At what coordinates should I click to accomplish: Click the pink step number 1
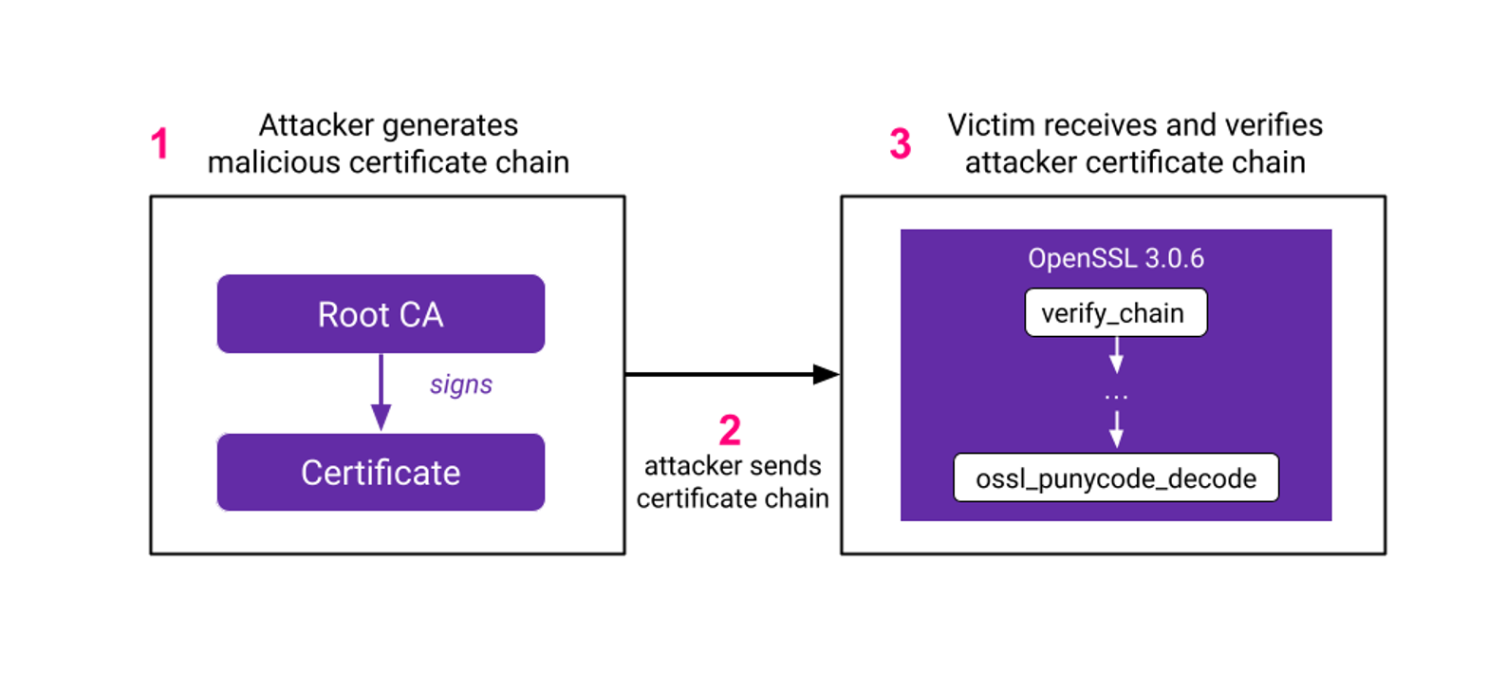point(159,144)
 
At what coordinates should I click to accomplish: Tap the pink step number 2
point(729,432)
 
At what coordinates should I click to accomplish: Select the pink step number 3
point(900,144)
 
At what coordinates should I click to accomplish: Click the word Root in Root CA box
point(347,314)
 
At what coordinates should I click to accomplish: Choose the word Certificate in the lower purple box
point(381,473)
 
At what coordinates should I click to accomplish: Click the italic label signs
point(461,385)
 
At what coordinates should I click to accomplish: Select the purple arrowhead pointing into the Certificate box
point(381,417)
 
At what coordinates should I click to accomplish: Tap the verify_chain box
point(1115,313)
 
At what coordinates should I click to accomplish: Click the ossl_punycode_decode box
point(1116,478)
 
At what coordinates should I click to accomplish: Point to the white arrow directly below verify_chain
point(1116,357)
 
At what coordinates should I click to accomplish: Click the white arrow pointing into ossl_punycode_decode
point(1116,430)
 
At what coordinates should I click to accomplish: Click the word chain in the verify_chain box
point(1153,313)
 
